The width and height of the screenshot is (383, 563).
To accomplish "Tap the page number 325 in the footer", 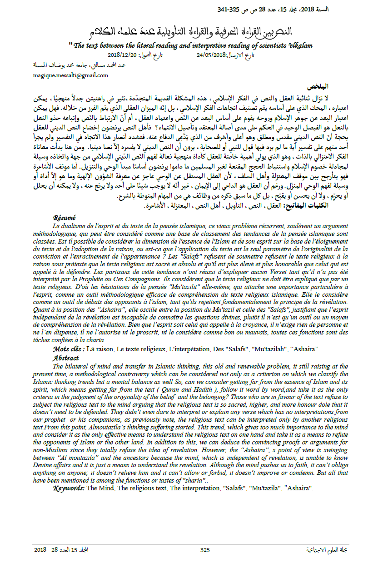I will point(205,550).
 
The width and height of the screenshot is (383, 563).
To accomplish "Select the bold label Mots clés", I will point(69,349).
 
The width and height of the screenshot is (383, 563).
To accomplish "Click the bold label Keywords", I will point(69,488).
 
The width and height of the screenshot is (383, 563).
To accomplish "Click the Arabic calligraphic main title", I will point(202,31).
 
